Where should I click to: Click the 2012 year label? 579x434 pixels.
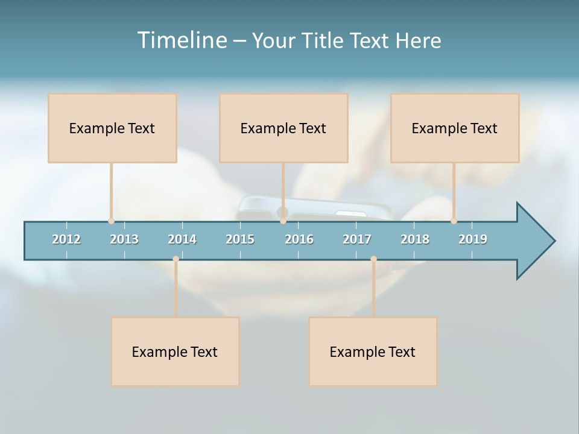66,239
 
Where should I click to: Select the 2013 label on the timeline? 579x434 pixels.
124,239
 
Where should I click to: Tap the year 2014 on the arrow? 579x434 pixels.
182,239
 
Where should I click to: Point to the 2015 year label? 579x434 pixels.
240,239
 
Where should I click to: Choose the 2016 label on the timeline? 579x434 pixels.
299,239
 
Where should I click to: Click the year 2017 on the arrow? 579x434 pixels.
357,239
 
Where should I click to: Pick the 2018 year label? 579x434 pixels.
415,239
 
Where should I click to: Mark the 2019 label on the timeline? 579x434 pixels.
473,239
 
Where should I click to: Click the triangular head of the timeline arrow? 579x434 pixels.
534,241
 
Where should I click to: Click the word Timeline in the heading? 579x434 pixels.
181,40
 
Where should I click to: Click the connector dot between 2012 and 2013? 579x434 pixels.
111,221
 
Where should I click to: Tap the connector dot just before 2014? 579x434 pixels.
176,259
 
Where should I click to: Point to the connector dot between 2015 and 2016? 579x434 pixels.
283,221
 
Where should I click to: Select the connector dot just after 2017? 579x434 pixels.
373,259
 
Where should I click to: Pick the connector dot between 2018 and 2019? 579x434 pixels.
454,221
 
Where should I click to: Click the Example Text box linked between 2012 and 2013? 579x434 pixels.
112,128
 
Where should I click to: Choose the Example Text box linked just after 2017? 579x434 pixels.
373,351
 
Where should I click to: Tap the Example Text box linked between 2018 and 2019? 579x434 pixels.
455,128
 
